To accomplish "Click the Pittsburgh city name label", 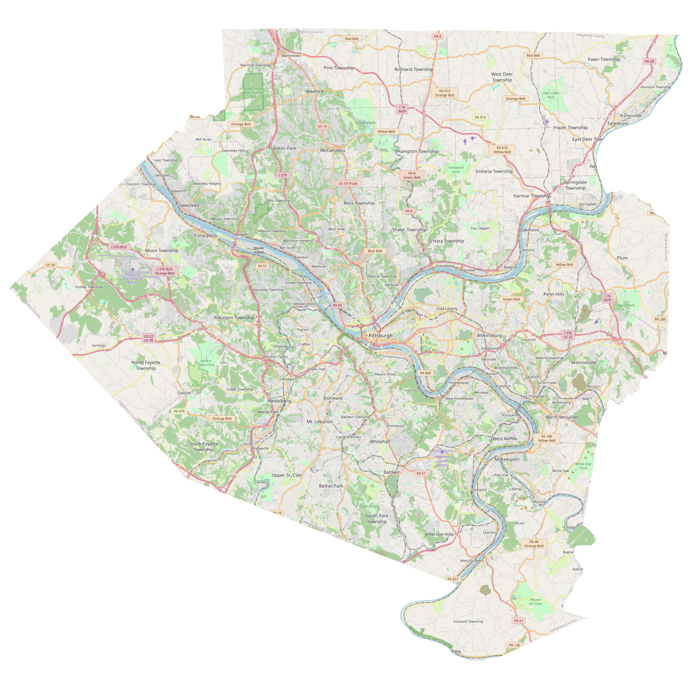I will coord(380,335).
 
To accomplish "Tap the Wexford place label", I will coord(314,91).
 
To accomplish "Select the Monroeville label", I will coord(583,362).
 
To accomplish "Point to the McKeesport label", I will coord(507,459).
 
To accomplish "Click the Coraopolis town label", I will coord(205,235).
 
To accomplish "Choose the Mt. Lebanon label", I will coord(320,422).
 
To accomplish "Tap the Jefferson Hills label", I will coord(439,534).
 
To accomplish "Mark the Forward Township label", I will coord(468,621).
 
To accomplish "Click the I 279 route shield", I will coord(282,175).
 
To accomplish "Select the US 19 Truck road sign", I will coord(348,183).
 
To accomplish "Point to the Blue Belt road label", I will coord(375,251).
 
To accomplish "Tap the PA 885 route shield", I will coord(425,373).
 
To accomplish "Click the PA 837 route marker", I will coord(452,579).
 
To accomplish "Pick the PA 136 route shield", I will coord(514,645).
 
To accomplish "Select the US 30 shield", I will coord(50,265).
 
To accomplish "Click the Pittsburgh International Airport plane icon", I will coord(132,269).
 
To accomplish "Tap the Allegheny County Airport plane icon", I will coord(442,452).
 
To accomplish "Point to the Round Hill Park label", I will coord(535,602).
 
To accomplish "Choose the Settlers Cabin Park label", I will coord(205,363).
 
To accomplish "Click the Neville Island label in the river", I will coord(258,250).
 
